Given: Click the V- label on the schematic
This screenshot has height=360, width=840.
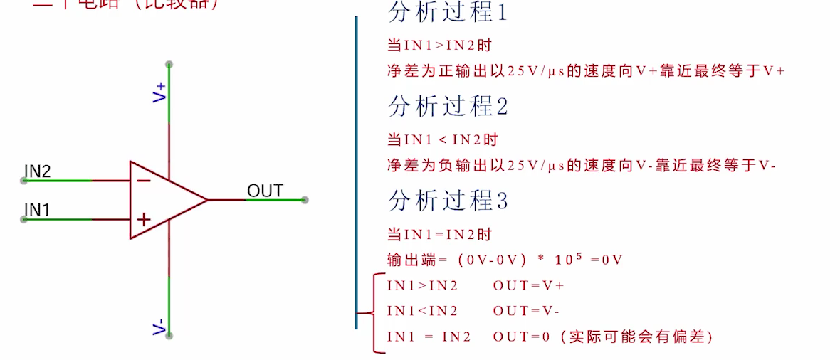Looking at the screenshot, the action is (x=160, y=327).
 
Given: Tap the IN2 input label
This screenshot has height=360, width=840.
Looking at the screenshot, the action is (x=38, y=171).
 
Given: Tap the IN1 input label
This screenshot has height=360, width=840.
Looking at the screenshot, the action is (x=36, y=209).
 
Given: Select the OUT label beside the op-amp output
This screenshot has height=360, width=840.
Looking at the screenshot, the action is (x=265, y=191).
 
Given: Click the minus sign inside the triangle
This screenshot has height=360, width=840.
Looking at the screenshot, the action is (x=143, y=180).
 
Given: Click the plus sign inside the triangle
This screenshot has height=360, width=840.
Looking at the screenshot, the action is (x=143, y=220).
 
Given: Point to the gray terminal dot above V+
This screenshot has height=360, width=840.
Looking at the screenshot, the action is (x=169, y=65).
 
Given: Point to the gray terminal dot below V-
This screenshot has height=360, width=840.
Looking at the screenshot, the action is (x=169, y=335).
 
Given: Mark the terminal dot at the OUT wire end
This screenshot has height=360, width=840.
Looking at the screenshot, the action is (x=305, y=200).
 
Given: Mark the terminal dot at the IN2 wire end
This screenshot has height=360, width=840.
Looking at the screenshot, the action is (x=23, y=181).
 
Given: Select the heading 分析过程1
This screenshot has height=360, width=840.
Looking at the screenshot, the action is (x=448, y=13).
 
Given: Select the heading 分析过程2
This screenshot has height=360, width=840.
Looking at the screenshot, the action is (x=448, y=107).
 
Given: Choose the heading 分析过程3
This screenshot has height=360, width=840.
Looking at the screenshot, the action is (x=448, y=201).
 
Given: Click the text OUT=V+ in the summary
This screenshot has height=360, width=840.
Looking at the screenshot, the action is (x=528, y=285).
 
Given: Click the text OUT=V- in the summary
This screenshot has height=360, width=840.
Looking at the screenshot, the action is (x=526, y=311).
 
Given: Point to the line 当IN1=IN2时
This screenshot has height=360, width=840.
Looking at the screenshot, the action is (x=439, y=234).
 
